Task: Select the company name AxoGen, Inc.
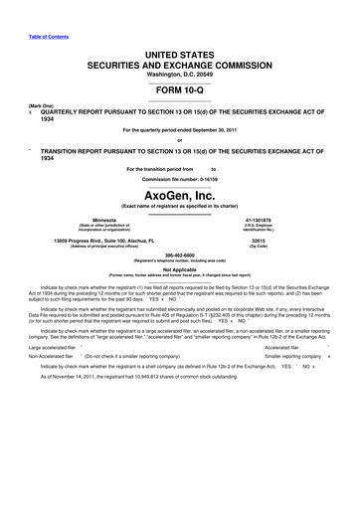tap(179, 196)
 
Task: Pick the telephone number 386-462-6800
tap(179, 257)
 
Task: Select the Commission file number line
tap(179, 180)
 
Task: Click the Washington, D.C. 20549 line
tap(179, 72)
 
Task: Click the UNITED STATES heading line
tap(179, 51)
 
